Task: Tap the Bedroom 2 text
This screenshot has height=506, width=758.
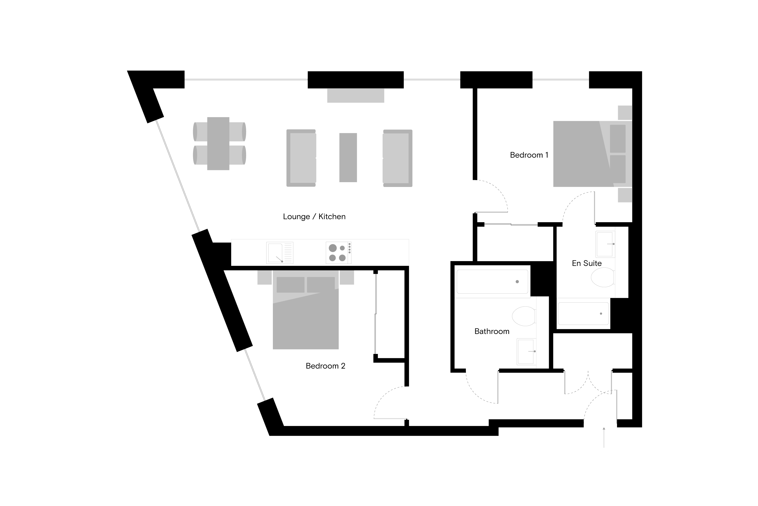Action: [x=325, y=366]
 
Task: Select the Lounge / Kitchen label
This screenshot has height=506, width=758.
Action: [x=314, y=217]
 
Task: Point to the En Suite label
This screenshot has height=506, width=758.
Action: [x=586, y=263]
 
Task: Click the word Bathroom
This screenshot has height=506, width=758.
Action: [x=492, y=331]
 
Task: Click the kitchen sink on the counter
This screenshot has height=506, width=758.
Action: [x=280, y=253]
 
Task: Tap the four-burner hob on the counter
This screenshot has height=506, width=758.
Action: [x=338, y=253]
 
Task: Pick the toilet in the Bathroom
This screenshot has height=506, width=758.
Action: [x=524, y=316]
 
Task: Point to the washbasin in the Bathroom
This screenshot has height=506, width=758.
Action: [x=527, y=351]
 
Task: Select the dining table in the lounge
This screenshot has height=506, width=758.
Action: [x=218, y=144]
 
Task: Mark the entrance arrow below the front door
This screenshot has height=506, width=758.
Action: [x=604, y=438]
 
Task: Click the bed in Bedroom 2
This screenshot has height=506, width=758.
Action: [x=306, y=310]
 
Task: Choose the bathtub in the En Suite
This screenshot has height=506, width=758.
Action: [x=583, y=314]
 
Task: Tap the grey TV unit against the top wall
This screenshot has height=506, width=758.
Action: [x=356, y=96]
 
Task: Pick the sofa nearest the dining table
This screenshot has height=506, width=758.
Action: [x=301, y=158]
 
